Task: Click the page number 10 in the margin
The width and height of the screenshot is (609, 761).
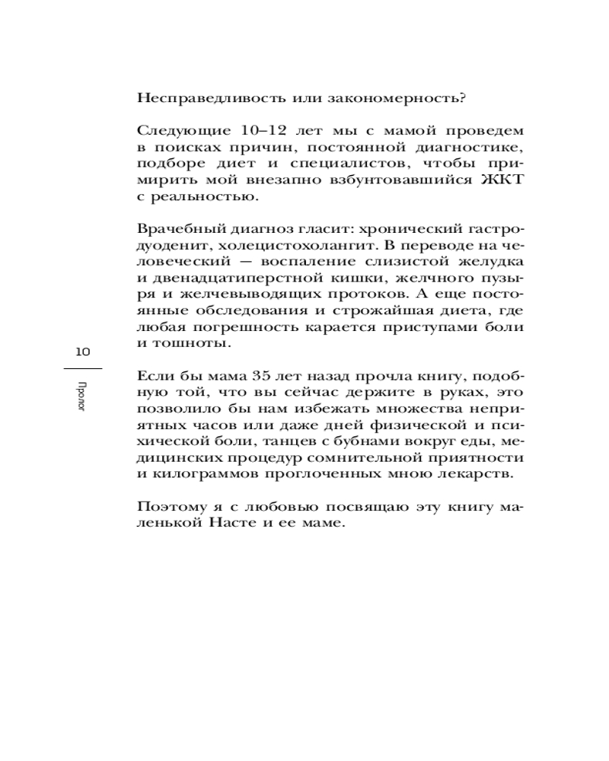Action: click(x=82, y=352)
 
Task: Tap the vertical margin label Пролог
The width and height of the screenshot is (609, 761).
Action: click(x=82, y=396)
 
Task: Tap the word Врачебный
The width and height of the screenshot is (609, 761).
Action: click(x=174, y=229)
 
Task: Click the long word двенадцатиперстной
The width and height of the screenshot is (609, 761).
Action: click(x=228, y=279)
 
